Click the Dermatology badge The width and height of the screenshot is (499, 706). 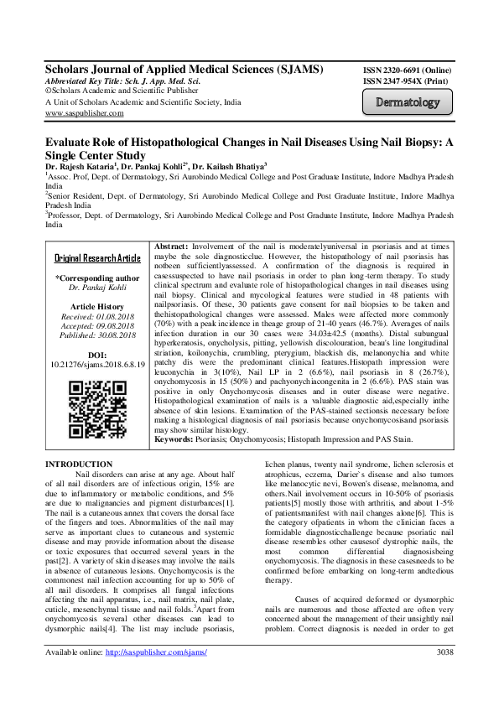[407, 103]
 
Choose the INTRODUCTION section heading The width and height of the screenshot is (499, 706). [78, 464]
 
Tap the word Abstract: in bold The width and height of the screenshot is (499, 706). [174, 244]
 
